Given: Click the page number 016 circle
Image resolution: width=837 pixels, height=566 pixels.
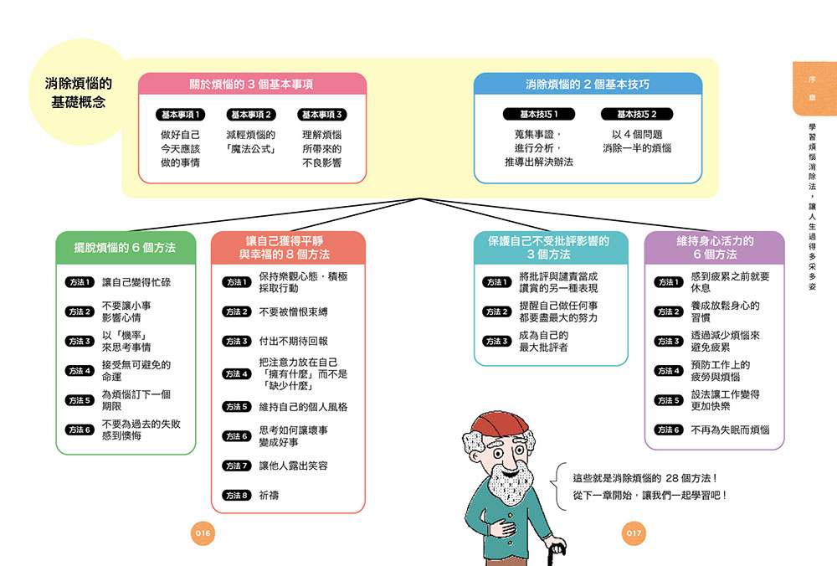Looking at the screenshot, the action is tap(203, 533).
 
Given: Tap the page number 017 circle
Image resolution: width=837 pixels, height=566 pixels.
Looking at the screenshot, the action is tap(634, 533).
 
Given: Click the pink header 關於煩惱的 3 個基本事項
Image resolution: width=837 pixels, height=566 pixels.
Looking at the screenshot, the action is tap(252, 85).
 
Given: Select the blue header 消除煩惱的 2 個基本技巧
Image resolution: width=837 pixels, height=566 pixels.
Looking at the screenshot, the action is tap(588, 85).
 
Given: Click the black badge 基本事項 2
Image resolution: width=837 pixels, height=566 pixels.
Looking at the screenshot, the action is tap(251, 114).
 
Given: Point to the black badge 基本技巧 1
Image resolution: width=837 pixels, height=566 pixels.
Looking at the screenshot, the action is tap(538, 114).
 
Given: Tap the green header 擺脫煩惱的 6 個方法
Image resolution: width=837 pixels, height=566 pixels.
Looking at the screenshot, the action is tap(126, 248).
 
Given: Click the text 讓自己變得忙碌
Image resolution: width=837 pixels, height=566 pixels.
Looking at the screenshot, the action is tap(136, 282).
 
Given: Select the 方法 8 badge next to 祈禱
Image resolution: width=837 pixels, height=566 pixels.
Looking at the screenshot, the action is tap(237, 496).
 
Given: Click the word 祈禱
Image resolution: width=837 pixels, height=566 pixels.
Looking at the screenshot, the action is tap(269, 496).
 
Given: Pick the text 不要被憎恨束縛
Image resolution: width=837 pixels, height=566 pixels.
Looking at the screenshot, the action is tap(293, 311).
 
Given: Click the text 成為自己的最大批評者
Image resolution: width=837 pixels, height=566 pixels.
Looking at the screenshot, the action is tap(543, 342).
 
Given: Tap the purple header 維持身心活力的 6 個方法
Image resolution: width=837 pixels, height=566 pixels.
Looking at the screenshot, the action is tap(715, 248).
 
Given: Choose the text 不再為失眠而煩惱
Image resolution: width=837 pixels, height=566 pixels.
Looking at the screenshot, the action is tap(730, 430).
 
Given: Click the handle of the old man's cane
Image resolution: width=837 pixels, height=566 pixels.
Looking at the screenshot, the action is tap(557, 549).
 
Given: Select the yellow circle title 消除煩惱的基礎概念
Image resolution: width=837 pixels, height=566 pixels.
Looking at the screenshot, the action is tap(79, 92).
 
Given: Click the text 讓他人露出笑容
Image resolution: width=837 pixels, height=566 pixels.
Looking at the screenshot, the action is tap(293, 466).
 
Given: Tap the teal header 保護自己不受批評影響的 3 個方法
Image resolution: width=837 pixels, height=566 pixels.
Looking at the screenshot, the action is tap(549, 248).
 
